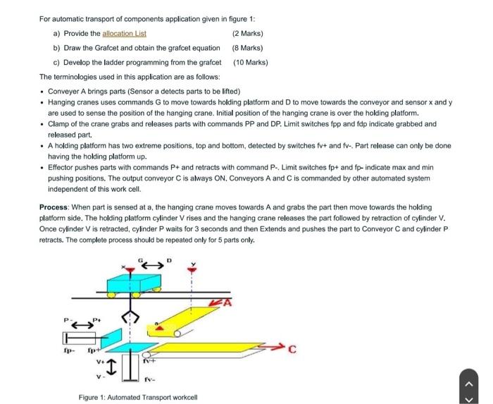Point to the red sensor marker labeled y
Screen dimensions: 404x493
(x=192, y=269)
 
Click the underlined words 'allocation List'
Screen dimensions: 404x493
(x=124, y=34)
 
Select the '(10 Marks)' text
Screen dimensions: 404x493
(x=251, y=62)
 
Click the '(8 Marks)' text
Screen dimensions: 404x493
(x=247, y=48)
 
